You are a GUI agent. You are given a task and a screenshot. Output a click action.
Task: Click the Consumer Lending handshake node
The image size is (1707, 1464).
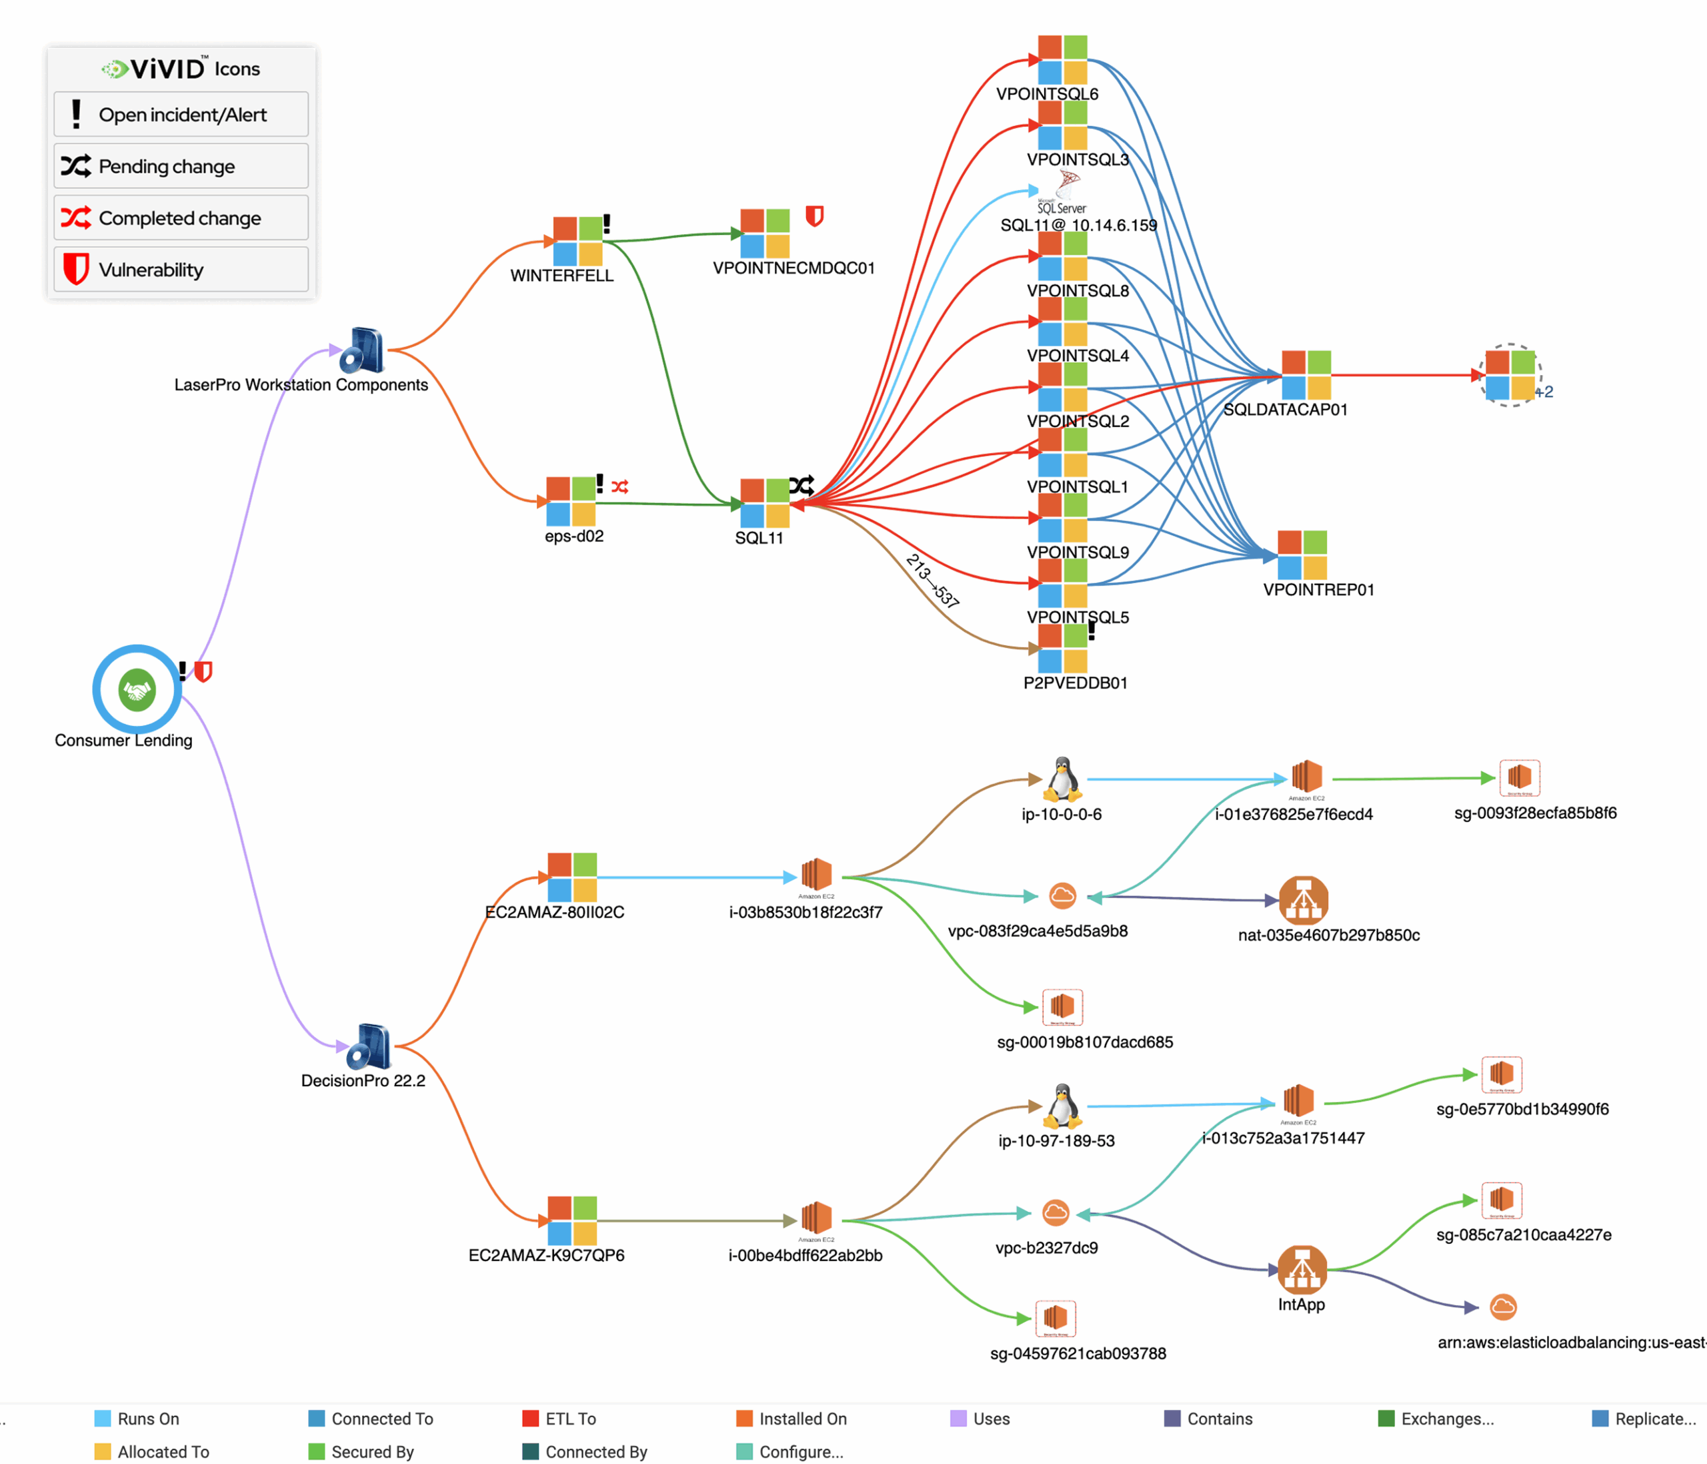point(137,689)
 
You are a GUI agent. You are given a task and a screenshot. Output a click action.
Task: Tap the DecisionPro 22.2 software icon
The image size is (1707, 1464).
point(369,1047)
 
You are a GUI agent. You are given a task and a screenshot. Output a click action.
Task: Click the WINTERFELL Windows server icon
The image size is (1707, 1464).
point(577,241)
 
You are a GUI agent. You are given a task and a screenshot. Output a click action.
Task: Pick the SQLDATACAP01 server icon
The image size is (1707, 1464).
point(1306,375)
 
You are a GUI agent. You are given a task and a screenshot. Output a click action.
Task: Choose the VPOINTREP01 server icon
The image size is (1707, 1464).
point(1302,555)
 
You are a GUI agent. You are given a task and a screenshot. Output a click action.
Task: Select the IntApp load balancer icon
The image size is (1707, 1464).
point(1302,1269)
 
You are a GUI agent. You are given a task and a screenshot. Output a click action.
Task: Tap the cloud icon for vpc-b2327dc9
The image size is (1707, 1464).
point(1056,1212)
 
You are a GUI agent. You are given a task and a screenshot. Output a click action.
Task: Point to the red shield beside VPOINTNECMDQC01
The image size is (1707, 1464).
point(814,216)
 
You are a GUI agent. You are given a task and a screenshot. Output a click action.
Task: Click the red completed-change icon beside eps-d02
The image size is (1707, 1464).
point(620,487)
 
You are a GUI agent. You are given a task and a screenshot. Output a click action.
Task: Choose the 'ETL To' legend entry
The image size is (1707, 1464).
point(569,1419)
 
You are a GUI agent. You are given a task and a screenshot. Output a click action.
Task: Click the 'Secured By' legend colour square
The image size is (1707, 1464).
point(316,1451)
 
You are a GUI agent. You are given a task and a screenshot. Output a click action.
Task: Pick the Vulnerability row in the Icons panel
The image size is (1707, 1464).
point(181,270)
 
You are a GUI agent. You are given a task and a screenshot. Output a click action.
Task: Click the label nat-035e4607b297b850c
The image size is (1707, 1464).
point(1328,935)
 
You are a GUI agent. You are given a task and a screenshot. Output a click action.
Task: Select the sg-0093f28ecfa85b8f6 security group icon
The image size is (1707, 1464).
point(1519,777)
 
